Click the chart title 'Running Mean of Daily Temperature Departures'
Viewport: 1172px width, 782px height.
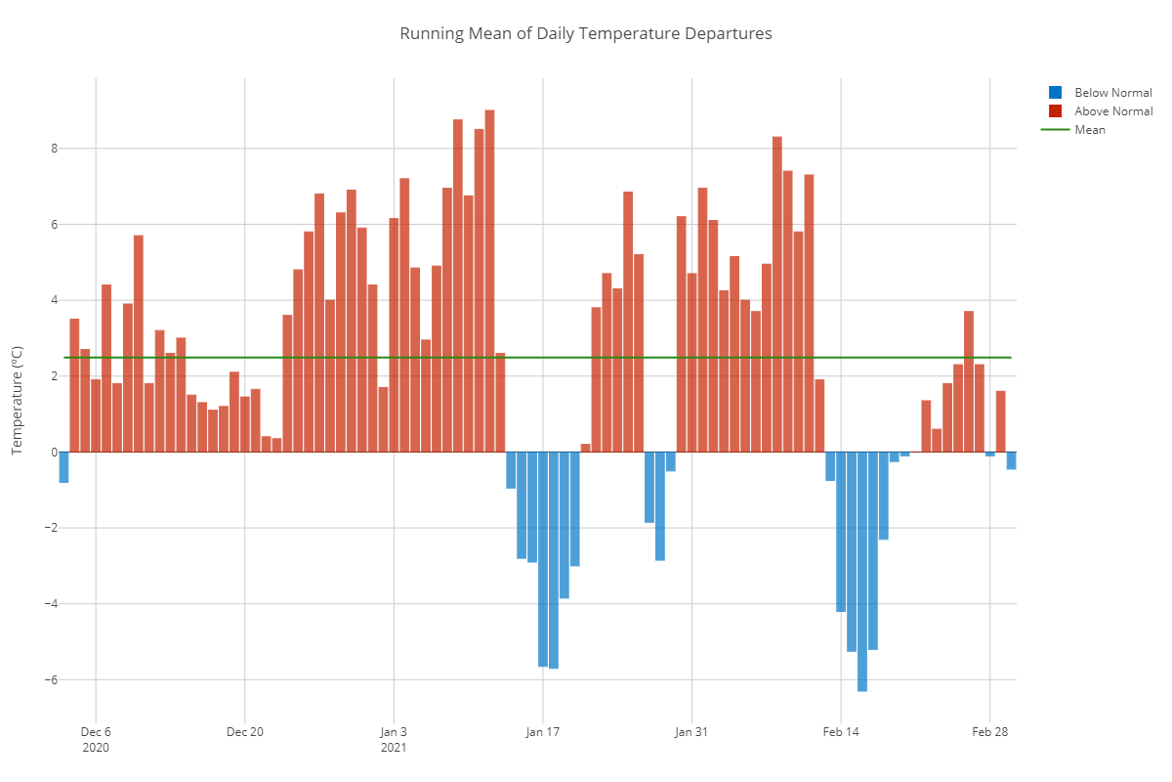[x=586, y=34]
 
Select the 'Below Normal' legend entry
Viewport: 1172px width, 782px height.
[x=1112, y=93]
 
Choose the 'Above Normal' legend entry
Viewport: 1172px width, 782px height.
[x=1112, y=111]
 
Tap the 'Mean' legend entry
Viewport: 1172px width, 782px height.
[x=1090, y=130]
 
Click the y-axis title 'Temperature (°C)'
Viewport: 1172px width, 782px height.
[x=17, y=401]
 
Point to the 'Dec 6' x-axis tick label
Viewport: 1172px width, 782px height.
[x=96, y=731]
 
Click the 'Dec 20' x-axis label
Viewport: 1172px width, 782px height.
[x=244, y=731]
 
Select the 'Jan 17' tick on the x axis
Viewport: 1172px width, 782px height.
[x=543, y=731]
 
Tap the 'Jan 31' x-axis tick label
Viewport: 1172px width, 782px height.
[x=691, y=731]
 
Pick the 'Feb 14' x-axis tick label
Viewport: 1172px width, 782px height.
[x=841, y=731]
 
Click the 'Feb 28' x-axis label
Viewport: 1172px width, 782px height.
[x=989, y=731]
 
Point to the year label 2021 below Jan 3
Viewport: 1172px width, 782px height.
[x=394, y=748]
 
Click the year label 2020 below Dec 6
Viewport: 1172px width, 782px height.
[x=96, y=748]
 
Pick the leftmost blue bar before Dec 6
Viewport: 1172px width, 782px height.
[x=63, y=467]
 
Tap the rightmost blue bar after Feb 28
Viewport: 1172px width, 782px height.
[x=1011, y=460]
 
